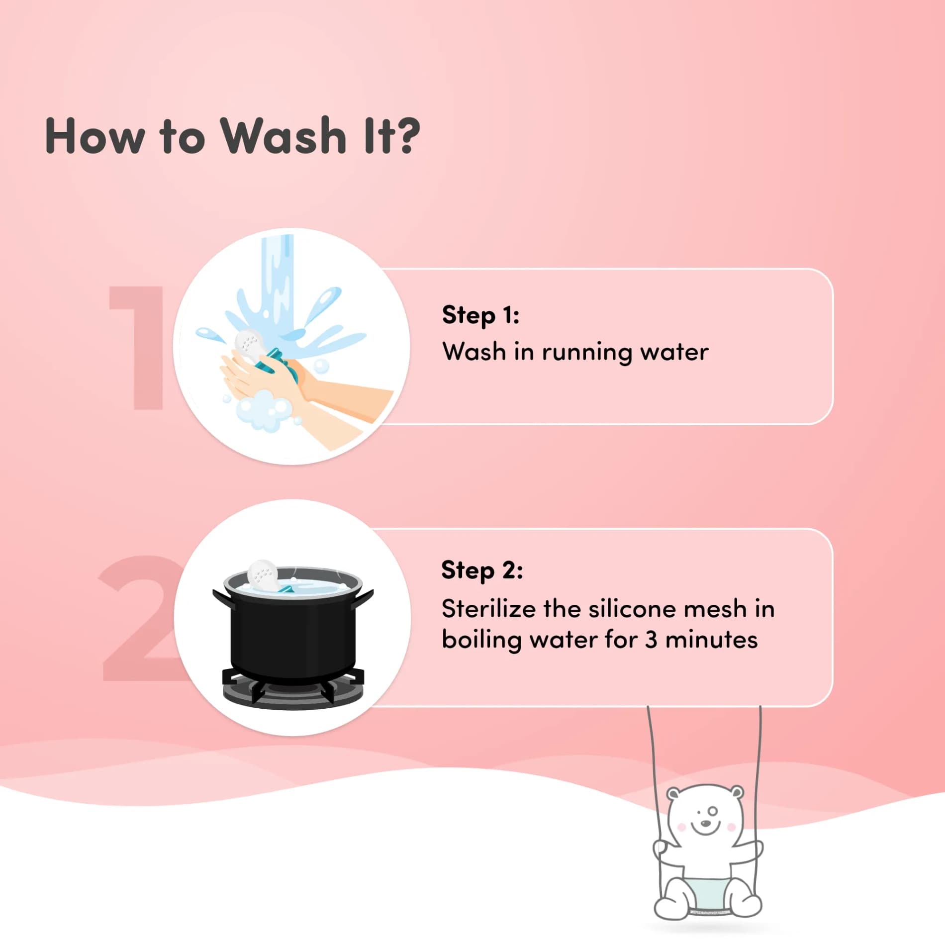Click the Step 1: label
tap(480, 315)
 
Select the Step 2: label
tap(482, 570)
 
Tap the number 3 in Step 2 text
tap(651, 640)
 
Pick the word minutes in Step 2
tap(711, 640)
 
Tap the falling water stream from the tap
tap(277, 288)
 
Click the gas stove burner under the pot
tap(293, 689)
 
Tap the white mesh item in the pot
tap(262, 575)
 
